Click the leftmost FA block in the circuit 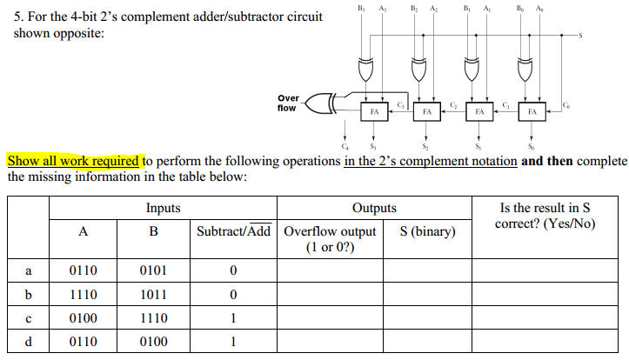[374, 111]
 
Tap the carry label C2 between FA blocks [453, 104]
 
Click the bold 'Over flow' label [286, 103]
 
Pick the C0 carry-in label [567, 104]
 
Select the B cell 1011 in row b [153, 294]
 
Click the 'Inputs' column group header [164, 208]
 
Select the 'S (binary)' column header [428, 231]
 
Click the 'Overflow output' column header [330, 231]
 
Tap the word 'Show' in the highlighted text [23, 161]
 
